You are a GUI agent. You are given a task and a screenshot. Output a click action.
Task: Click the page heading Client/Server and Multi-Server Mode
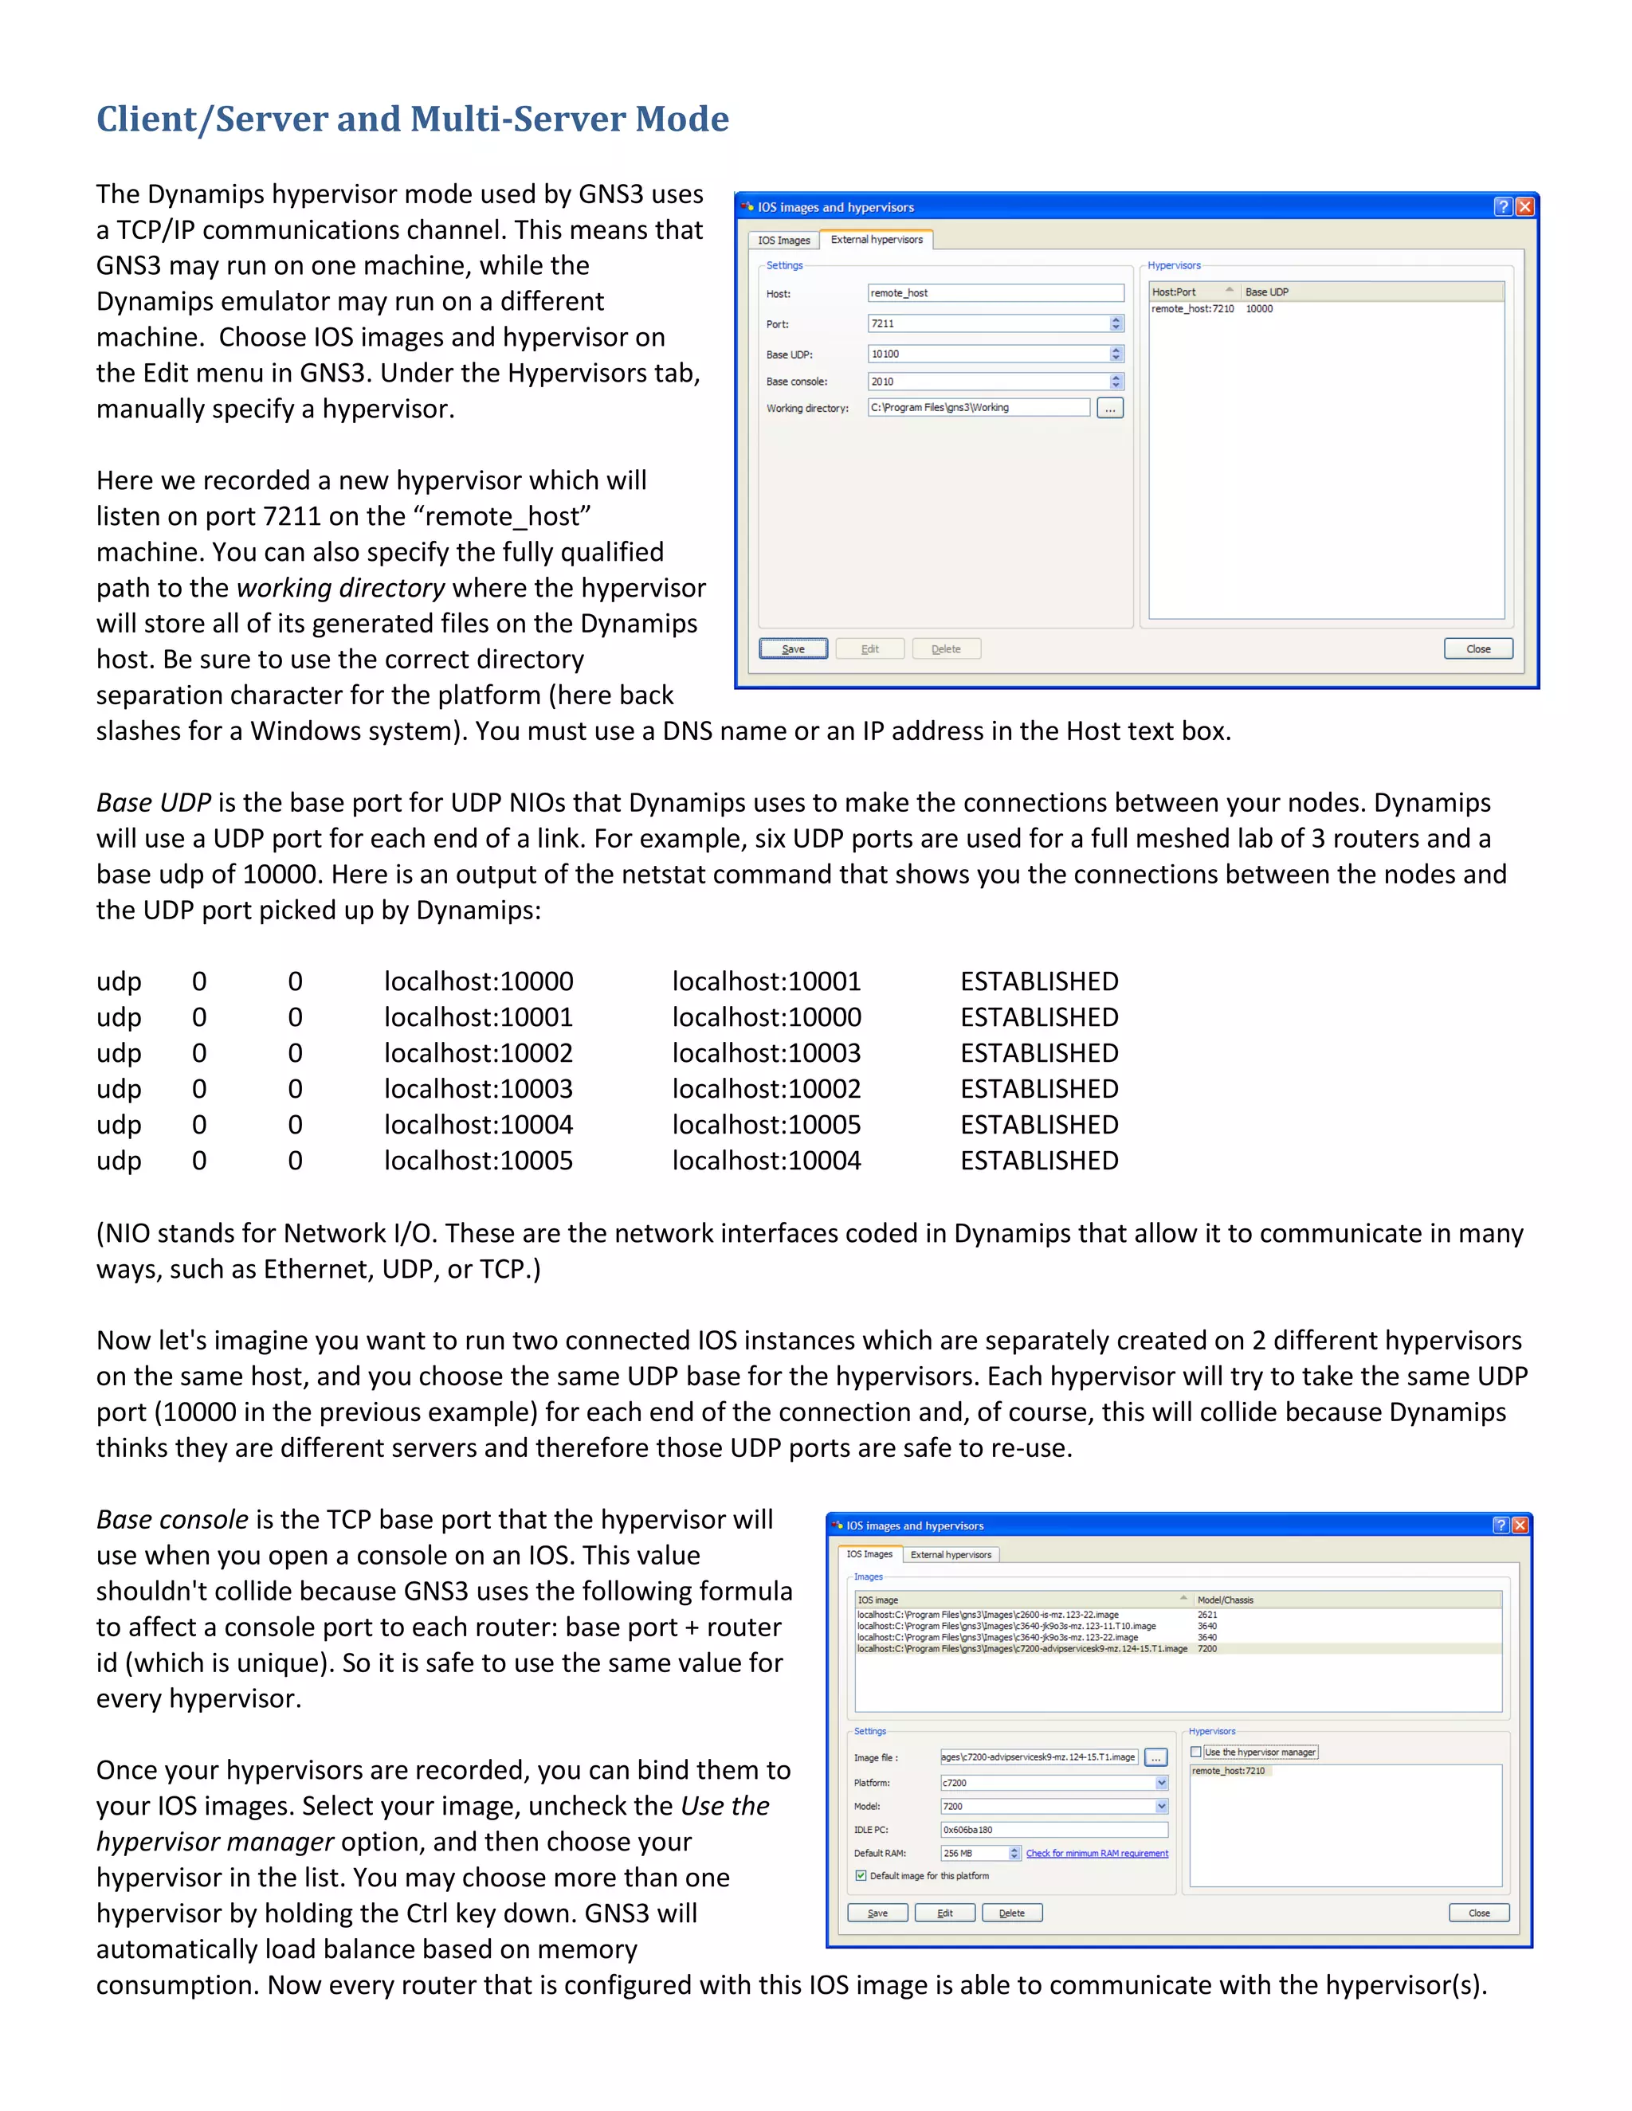click(x=412, y=119)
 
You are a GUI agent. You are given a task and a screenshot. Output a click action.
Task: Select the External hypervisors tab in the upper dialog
click(x=876, y=240)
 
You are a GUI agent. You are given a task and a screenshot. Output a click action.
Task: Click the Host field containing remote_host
click(x=994, y=293)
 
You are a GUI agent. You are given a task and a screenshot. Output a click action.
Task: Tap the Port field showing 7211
click(x=987, y=323)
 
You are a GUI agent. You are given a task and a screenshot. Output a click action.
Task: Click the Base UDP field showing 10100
click(x=987, y=354)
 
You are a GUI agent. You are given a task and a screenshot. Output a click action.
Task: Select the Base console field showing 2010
click(x=987, y=382)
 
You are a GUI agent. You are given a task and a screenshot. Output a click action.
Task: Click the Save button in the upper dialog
click(x=793, y=648)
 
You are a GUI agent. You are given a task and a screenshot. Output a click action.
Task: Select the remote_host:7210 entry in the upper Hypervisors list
click(x=1192, y=309)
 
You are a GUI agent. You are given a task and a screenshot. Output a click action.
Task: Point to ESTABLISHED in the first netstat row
click(x=1038, y=982)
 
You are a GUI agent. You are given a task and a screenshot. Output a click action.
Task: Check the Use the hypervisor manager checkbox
click(x=1196, y=1753)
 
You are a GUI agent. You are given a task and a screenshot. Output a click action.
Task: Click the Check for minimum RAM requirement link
click(x=1096, y=1854)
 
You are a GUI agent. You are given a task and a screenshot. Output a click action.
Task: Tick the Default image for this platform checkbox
click(x=861, y=1876)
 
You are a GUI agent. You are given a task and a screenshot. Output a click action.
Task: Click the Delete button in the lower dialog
click(x=1011, y=1913)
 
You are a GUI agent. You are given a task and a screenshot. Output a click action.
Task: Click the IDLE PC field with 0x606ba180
click(x=1053, y=1830)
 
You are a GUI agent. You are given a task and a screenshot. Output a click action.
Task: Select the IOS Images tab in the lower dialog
click(x=869, y=1554)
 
